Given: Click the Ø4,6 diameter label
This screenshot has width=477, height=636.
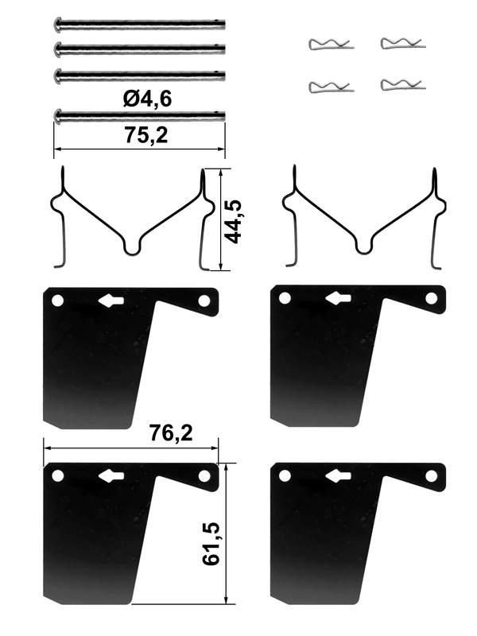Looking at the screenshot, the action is coord(148,99).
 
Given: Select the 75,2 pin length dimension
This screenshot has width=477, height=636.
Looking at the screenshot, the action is coord(146,135).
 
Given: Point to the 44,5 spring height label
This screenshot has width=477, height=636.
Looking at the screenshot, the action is coord(234,222).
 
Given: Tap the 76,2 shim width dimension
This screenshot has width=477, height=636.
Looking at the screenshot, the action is coord(171,432).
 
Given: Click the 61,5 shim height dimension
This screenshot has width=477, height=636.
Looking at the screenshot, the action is coord(211,544).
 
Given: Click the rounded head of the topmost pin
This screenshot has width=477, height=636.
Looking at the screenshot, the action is coord(57,25).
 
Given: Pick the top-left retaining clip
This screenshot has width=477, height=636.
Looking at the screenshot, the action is coord(331,45).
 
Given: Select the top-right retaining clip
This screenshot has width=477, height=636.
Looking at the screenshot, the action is coord(403,43).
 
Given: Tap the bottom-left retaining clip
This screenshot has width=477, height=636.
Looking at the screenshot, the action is coord(331,87).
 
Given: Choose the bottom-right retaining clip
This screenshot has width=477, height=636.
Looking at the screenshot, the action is coord(403,84).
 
